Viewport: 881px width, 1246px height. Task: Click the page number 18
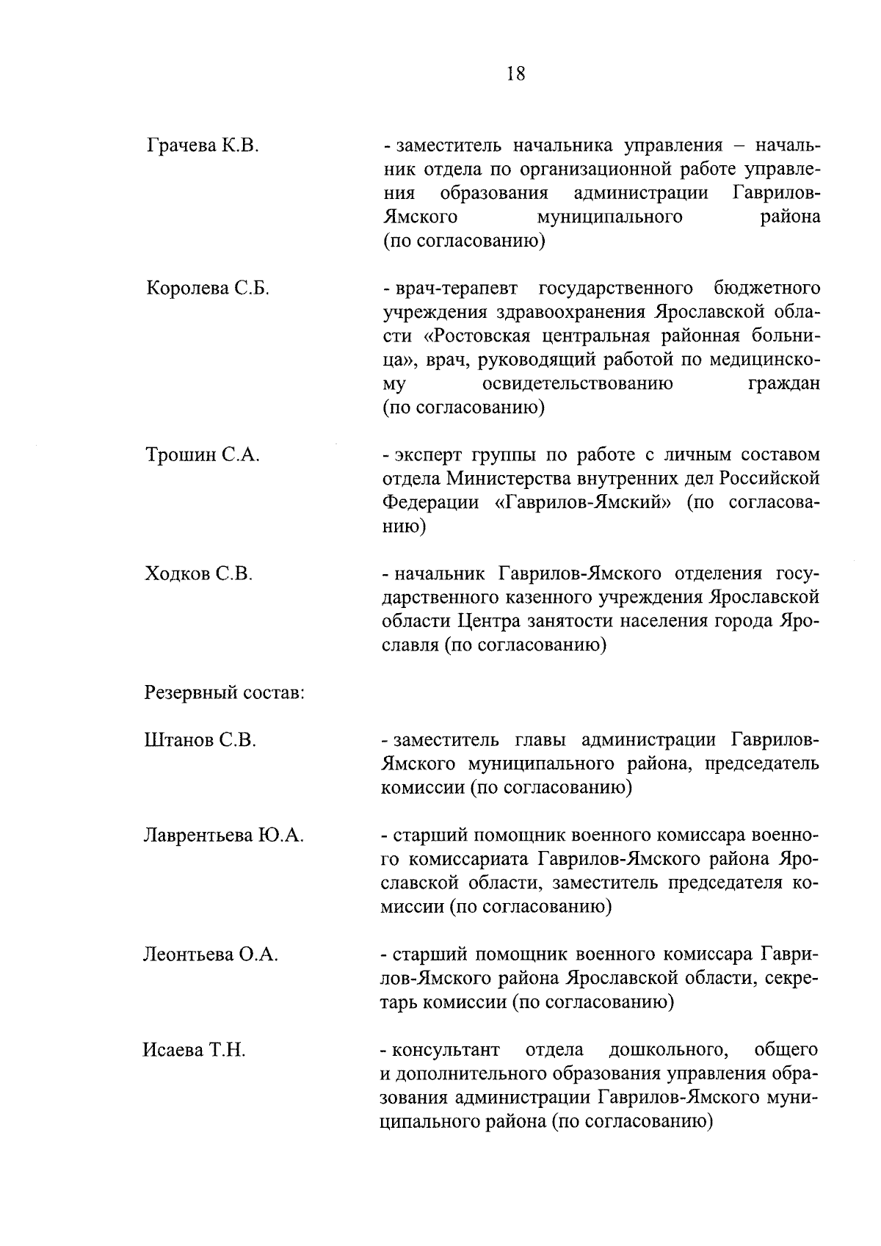pos(515,73)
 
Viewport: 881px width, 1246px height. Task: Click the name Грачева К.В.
pos(202,146)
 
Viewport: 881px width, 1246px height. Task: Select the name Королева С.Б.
pos(208,289)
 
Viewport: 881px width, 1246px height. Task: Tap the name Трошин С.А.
pos(202,455)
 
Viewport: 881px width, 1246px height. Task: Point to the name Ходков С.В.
pos(199,574)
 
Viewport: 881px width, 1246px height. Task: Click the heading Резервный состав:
pos(225,692)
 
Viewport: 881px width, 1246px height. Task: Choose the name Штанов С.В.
pos(200,740)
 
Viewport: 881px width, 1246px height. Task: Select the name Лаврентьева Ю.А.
pos(224,836)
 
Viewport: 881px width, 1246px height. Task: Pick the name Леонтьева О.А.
pos(211,955)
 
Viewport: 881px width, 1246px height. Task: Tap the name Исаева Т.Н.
pos(194,1051)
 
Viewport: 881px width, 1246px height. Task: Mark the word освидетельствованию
pos(579,384)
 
